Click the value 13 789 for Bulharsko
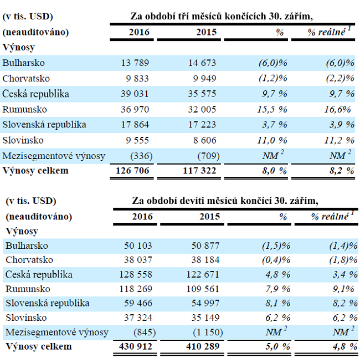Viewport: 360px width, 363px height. click(134, 63)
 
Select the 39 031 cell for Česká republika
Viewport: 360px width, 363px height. click(134, 94)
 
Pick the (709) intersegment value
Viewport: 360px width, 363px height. click(207, 156)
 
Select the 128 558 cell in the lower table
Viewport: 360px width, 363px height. click(134, 274)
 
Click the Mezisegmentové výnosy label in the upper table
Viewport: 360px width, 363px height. click(54, 156)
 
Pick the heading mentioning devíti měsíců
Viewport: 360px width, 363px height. click(225, 200)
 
